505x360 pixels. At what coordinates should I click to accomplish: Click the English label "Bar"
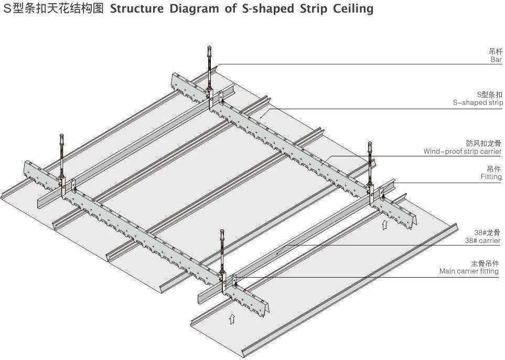[496, 60]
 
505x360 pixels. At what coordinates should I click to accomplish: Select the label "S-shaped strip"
[477, 103]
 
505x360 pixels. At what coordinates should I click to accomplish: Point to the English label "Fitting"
[491, 177]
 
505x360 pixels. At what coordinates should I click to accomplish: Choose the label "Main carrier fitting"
[469, 271]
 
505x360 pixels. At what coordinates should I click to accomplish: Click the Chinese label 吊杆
[495, 51]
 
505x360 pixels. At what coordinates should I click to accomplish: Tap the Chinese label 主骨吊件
[485, 263]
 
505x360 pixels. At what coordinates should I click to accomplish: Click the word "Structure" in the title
[137, 9]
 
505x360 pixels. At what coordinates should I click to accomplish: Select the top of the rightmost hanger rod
[370, 144]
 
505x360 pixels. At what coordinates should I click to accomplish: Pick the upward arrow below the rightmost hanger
[384, 226]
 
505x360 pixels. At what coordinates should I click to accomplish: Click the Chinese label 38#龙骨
[488, 232]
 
